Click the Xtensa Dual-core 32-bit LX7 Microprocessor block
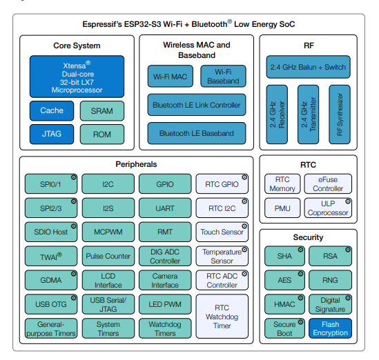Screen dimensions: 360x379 point(77,77)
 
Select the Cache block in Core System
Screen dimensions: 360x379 point(51,110)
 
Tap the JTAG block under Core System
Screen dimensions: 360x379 point(51,134)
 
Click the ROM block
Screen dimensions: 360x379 point(102,134)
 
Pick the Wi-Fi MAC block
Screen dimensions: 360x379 point(169,76)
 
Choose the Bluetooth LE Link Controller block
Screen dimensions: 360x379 point(196,105)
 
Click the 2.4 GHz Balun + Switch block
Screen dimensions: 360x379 point(308,68)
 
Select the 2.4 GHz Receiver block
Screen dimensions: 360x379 point(276,114)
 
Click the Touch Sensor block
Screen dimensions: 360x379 point(222,232)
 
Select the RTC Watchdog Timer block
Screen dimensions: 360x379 point(222,316)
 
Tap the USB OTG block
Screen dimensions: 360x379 point(51,304)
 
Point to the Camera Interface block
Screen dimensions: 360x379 point(165,280)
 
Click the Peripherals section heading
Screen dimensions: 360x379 point(136,164)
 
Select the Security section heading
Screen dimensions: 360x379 point(308,237)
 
